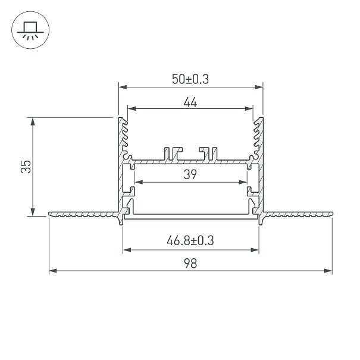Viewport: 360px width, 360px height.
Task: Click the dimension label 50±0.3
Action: pyautogui.click(x=190, y=79)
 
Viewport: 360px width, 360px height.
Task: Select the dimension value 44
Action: pyautogui.click(x=190, y=102)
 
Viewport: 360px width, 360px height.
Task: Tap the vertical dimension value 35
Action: pyautogui.click(x=26, y=167)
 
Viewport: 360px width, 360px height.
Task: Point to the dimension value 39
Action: pyautogui.click(x=190, y=174)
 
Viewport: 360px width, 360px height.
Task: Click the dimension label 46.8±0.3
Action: pyautogui.click(x=190, y=241)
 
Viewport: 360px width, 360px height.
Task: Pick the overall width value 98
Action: pyautogui.click(x=190, y=264)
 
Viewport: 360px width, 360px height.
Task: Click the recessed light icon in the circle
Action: pyautogui.click(x=30, y=30)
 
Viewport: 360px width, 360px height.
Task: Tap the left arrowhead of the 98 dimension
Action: pyautogui.click(x=53, y=271)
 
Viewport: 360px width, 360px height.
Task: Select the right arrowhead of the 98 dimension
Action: pyautogui.click(x=328, y=271)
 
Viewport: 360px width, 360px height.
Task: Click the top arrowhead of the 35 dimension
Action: pyautogui.click(x=33, y=121)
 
